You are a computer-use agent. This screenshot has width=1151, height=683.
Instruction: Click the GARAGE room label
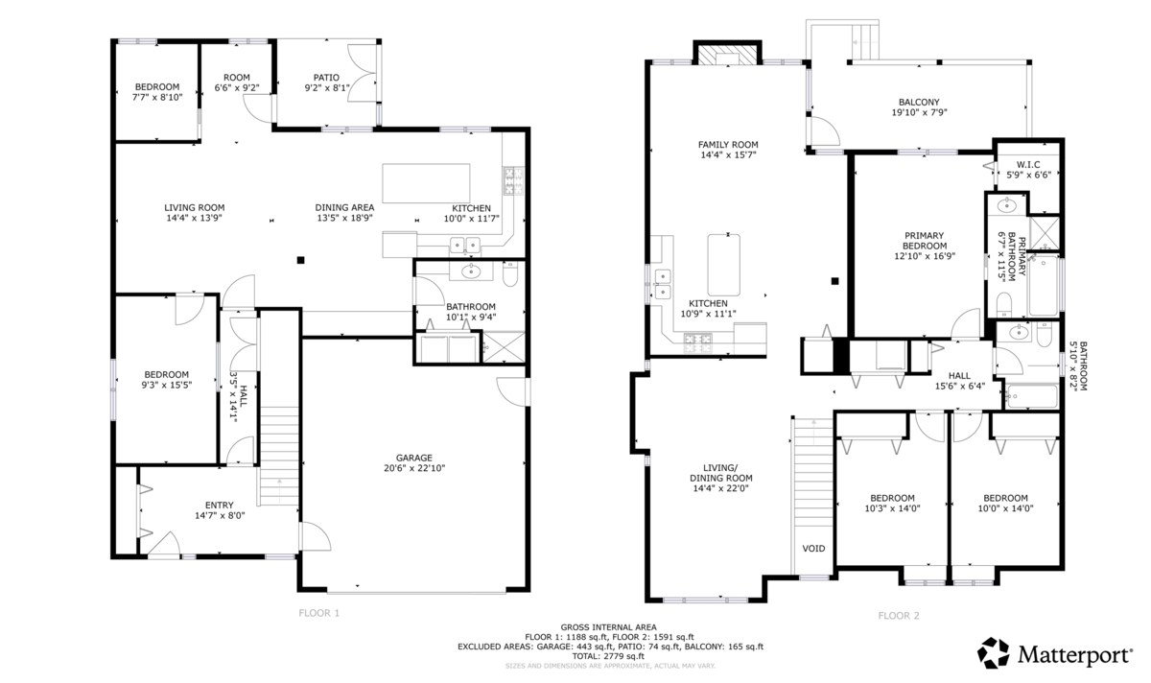point(414,458)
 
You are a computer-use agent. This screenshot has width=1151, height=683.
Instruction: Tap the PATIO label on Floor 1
point(326,78)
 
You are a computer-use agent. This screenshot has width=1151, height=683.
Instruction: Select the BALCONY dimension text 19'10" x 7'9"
point(919,112)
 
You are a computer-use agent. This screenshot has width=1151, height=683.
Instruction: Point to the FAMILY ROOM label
point(728,145)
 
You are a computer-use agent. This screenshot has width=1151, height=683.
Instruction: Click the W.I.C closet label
point(1028,164)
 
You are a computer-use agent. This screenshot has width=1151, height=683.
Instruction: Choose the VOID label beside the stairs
point(814,549)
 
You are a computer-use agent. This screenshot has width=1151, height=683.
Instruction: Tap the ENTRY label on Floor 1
point(220,506)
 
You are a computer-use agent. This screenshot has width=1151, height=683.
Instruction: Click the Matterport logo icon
point(994,652)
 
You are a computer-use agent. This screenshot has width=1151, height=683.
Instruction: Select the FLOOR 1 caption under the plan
point(319,613)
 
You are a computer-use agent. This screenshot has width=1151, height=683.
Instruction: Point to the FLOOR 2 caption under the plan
point(899,616)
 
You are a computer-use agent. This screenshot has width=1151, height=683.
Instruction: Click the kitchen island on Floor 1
point(426,183)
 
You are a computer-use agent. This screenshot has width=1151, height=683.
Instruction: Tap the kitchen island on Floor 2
point(724,265)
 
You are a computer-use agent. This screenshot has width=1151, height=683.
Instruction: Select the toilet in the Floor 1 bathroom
point(510,274)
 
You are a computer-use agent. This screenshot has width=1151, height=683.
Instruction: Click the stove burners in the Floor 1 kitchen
point(513,181)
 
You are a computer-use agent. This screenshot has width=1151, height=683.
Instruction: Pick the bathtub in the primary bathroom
point(1044,285)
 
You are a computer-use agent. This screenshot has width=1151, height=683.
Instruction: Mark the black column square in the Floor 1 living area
point(300,260)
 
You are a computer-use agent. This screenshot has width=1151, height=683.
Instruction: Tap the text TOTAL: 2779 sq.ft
point(608,656)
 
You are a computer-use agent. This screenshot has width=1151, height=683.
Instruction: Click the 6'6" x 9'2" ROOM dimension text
point(236,88)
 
